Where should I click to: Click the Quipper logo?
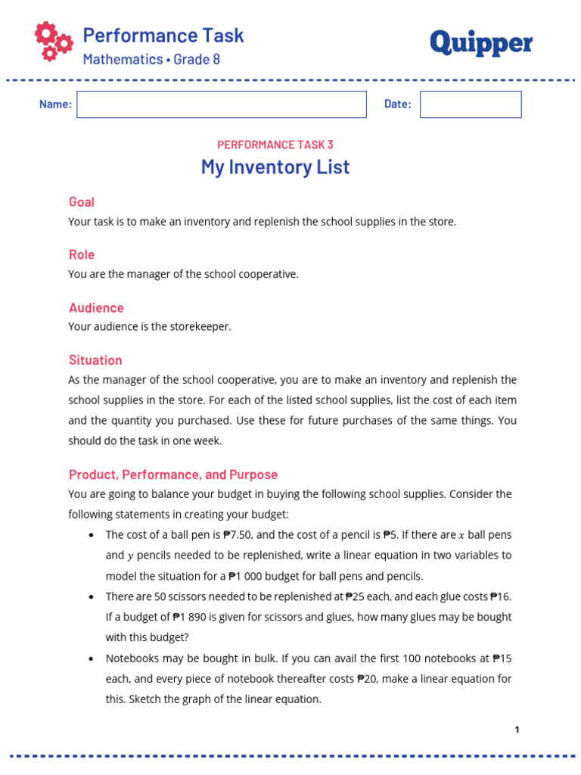point(481,44)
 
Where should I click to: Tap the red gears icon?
point(54,42)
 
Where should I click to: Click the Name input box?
point(221,104)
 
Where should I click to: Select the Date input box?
point(471,104)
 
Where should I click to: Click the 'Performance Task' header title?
point(163,35)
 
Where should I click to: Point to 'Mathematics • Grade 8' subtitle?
point(151,59)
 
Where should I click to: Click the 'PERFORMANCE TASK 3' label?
point(275,145)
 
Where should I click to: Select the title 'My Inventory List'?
point(275,167)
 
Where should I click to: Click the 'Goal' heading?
point(82,202)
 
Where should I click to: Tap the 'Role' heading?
point(82,255)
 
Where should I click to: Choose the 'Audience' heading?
point(96,308)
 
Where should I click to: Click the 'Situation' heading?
point(95,360)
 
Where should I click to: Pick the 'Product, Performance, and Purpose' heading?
point(173,475)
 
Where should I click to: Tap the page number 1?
point(517,730)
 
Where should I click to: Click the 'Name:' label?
point(55,104)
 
